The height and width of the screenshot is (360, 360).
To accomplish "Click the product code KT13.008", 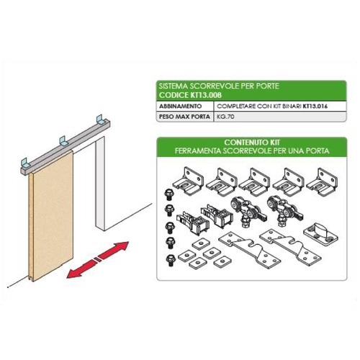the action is pos(206,95).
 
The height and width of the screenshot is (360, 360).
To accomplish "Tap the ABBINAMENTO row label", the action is pos(181,106).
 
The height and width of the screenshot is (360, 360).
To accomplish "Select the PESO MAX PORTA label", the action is pos(184,117).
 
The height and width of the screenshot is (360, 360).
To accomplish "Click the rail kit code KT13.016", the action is pos(315,106).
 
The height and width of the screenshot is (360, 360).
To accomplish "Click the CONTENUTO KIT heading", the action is pos(252,143).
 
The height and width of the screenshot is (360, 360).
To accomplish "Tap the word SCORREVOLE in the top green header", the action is pos(214,86).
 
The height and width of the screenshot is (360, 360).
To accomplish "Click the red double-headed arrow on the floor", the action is pos(98,260).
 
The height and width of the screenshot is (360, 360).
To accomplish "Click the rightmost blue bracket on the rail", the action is pos(99,120).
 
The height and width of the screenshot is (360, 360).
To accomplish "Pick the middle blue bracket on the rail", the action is pos(63,140).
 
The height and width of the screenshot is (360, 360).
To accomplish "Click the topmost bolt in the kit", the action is pos(169,194).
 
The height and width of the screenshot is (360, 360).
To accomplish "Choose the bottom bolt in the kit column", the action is pos(170,261).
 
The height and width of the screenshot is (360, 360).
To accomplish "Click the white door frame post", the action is pos(100,184).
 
